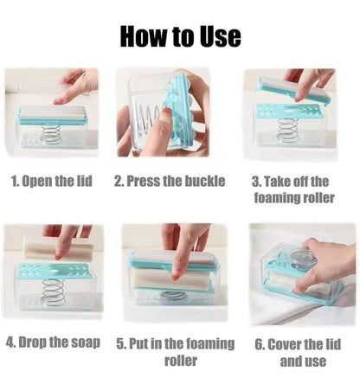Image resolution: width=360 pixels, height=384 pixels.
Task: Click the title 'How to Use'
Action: coord(180,36)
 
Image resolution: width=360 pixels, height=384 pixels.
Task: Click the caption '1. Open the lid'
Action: coord(52,181)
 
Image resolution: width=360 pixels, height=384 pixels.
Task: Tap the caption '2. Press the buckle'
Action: coord(170,181)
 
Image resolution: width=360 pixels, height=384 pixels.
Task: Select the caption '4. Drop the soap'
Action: coord(53,342)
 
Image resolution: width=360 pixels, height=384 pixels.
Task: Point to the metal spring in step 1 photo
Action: coord(51,134)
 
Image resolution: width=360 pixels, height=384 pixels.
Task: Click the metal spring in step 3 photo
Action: coord(286,129)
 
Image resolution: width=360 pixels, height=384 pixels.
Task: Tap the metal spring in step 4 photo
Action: coord(53,291)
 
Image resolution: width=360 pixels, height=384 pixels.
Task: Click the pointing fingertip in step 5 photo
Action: coord(176,277)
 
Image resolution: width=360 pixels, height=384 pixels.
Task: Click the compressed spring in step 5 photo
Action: coord(172,296)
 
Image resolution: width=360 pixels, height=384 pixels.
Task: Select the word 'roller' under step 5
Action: coord(181,361)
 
